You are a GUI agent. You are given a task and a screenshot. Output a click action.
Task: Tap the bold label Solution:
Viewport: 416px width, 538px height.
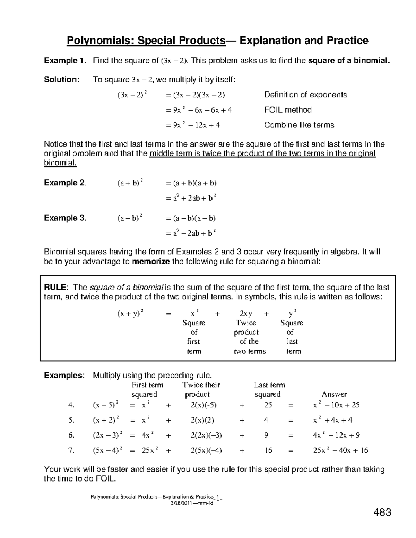tap(62, 80)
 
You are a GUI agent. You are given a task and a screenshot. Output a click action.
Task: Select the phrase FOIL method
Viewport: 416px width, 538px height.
tap(288, 110)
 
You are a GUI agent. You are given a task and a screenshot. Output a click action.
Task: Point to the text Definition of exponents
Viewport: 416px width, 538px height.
tap(305, 95)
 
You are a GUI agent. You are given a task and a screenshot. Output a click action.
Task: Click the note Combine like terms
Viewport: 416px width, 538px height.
tap(299, 125)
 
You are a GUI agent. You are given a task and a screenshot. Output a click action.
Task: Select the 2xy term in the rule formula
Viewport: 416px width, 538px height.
tap(246, 314)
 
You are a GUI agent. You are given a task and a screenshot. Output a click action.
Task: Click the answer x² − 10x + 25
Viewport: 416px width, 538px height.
tap(336, 405)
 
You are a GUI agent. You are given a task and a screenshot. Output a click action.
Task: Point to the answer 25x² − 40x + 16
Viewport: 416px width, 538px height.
tap(340, 450)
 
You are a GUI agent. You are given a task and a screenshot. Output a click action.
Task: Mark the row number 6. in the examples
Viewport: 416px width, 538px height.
tap(71, 435)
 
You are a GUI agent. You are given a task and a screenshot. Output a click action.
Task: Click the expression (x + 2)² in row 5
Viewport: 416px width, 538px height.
tap(106, 420)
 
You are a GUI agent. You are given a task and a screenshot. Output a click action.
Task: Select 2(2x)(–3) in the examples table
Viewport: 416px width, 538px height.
tap(206, 435)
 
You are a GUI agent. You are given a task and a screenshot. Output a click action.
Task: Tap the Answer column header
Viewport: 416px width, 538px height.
tap(334, 394)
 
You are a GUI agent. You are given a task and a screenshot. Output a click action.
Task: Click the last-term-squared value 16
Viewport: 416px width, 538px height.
tap(268, 450)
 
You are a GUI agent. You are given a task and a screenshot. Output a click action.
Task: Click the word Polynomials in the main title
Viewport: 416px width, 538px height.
tap(99, 41)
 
